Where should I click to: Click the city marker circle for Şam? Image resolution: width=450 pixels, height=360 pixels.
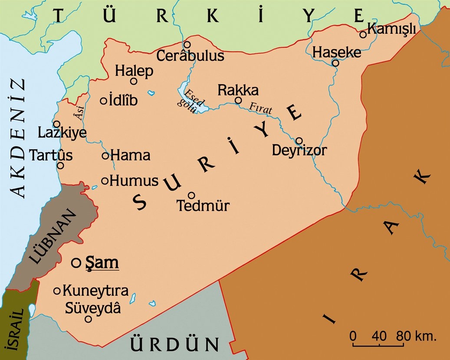76,262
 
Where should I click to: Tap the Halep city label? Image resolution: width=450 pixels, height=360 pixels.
134,71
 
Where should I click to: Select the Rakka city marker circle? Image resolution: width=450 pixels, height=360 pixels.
238,100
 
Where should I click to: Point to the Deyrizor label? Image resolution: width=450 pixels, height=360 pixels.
299,151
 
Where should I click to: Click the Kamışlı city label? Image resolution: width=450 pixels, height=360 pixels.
392,29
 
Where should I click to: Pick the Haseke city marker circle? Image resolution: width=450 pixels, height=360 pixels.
335,63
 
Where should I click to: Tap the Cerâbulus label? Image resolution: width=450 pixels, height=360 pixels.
190,56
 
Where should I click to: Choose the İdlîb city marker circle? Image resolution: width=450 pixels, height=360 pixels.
104,101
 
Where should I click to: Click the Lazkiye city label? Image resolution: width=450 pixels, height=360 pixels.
62,133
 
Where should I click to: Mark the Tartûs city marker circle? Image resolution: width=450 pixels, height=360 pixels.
61,165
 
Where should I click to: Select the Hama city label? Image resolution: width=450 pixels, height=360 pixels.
130,155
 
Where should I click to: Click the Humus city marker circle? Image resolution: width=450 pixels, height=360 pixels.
105,181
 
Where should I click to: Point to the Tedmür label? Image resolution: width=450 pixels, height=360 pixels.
203,206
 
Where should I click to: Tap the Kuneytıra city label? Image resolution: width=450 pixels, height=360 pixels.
95,291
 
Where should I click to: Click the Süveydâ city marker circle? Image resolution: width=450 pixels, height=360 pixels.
88,319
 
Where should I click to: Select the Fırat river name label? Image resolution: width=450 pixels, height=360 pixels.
261,108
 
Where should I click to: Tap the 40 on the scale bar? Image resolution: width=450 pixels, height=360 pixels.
379,336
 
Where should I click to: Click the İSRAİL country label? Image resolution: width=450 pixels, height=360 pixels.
12,327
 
